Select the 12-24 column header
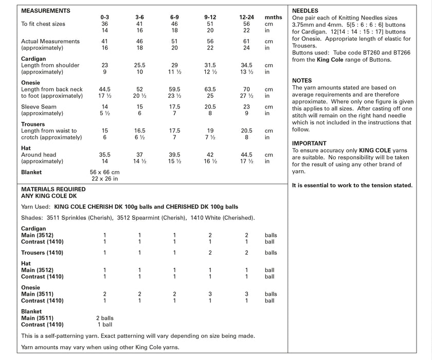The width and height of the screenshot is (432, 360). [246, 17]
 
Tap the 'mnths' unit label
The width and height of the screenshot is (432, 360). [273, 17]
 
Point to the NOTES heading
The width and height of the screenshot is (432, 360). [302, 81]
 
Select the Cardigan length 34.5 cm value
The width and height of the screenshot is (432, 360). [246, 66]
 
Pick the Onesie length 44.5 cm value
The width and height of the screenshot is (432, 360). [105, 89]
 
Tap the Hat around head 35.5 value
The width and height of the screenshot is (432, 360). [105, 154]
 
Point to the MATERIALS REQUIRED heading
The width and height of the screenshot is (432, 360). [53, 189]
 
